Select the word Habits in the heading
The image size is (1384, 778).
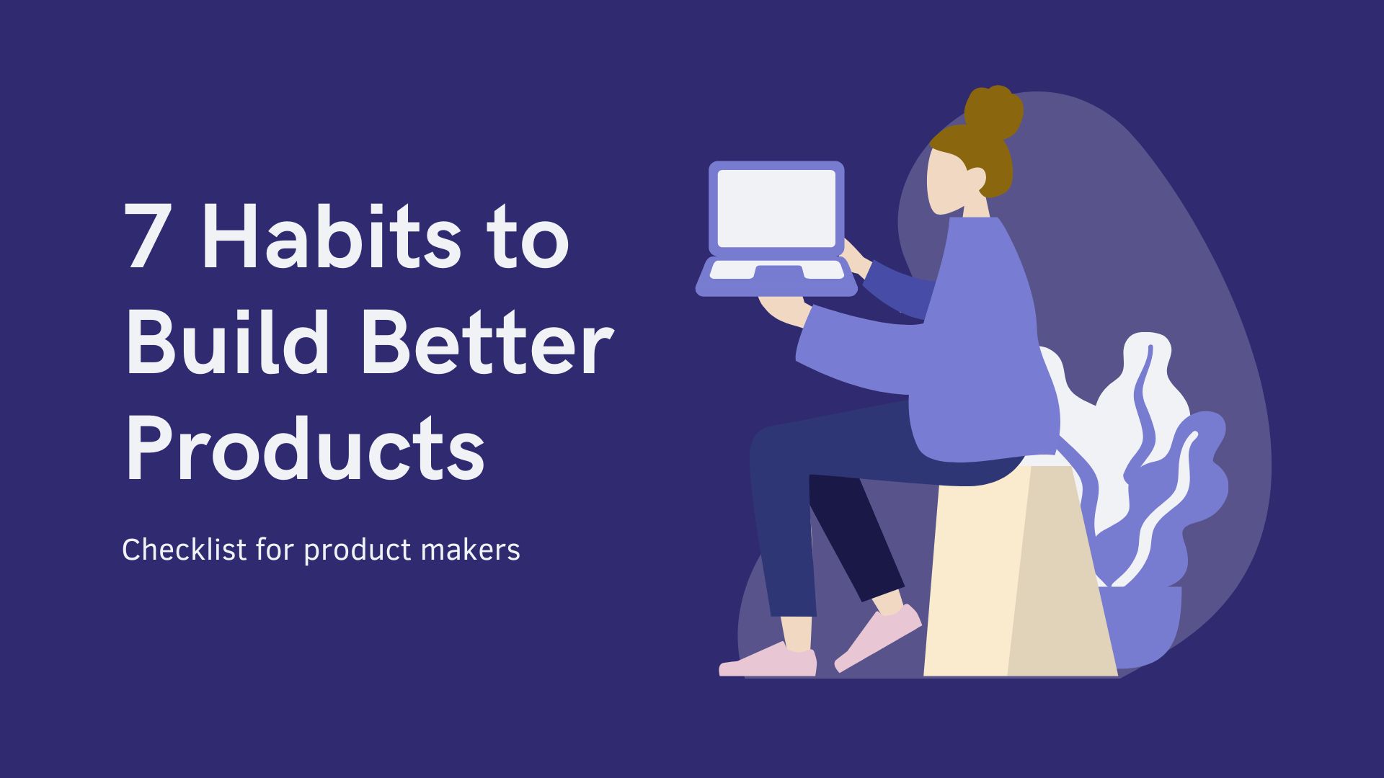(331, 236)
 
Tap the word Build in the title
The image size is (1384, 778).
(228, 341)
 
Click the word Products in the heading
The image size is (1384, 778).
(305, 447)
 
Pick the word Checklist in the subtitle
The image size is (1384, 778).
(184, 550)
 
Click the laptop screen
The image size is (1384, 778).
(776, 209)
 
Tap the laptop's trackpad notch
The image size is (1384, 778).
(778, 271)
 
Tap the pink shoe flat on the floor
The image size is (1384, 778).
(768, 661)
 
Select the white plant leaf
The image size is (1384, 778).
(1124, 418)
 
